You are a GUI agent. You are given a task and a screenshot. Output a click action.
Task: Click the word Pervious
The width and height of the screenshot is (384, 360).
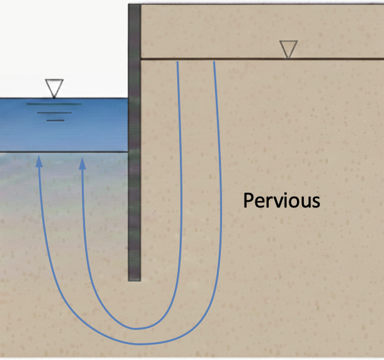pos(281,201)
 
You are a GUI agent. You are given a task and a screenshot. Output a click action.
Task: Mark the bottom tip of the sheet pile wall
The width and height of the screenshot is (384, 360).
pos(134,279)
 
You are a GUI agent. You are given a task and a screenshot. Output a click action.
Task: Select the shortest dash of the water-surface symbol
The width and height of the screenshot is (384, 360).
pos(56,120)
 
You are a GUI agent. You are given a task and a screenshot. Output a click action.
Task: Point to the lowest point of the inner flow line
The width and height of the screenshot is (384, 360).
pos(136,329)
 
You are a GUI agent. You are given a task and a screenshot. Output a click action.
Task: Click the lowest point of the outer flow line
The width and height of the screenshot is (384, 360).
pos(138,344)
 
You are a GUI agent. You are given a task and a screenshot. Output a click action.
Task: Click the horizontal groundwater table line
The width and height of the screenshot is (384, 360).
pos(256,59)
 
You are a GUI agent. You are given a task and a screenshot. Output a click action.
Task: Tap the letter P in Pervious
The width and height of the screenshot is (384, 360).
pos(248,201)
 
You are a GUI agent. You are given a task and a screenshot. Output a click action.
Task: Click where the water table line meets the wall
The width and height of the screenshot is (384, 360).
pos(141,59)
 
